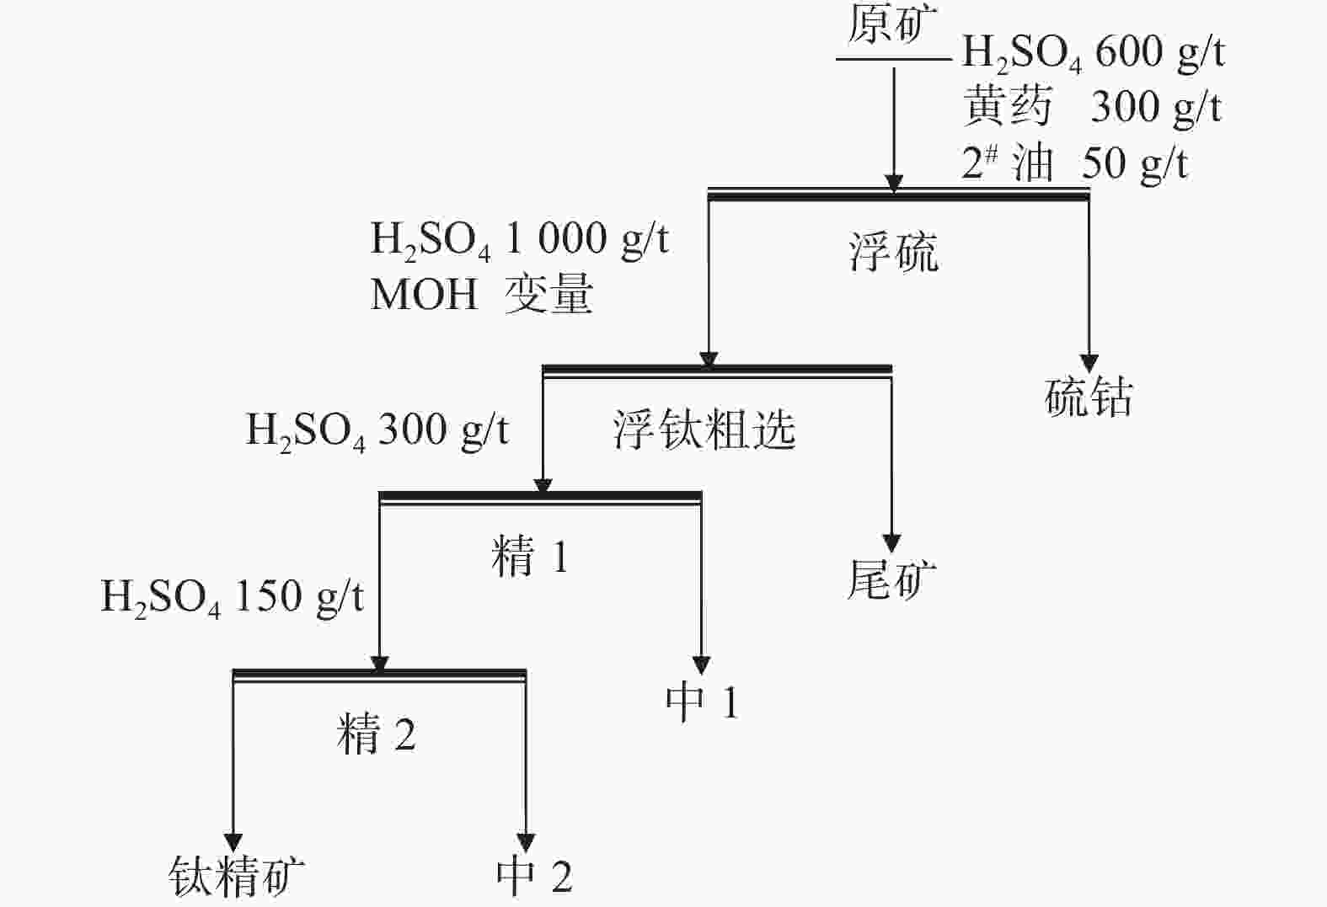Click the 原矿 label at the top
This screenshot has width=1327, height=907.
(x=891, y=27)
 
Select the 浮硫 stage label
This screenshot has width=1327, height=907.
(x=893, y=252)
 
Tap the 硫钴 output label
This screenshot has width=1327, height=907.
(x=1089, y=397)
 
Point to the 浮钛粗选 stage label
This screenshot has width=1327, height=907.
(x=704, y=429)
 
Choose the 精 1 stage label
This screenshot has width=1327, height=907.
(x=530, y=557)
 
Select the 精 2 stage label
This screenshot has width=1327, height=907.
(x=376, y=734)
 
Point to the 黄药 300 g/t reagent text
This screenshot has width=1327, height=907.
(x=1092, y=108)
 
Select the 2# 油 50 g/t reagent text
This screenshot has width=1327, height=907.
(x=1074, y=163)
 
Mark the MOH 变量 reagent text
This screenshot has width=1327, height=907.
(x=482, y=295)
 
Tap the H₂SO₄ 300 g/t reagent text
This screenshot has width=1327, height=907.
(x=377, y=431)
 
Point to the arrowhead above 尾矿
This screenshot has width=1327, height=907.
(x=891, y=542)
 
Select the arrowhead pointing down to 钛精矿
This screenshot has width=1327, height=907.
(x=233, y=842)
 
